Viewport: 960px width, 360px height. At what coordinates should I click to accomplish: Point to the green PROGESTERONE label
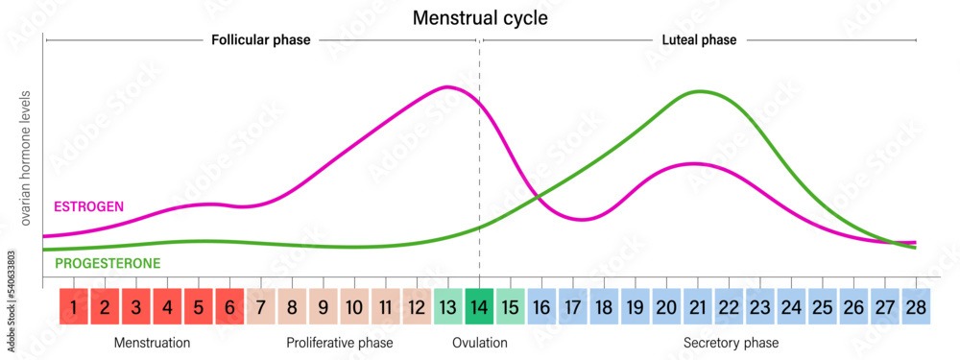click(108, 263)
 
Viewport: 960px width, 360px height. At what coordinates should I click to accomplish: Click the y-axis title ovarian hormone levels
click(26, 158)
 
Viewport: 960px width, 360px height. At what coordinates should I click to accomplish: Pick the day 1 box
click(74, 308)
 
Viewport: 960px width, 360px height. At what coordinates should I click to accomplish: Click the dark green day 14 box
click(480, 308)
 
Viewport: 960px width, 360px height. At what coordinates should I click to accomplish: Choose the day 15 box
click(511, 308)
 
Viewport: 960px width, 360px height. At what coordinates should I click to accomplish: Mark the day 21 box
click(698, 308)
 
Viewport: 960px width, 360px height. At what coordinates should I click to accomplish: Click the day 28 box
click(916, 308)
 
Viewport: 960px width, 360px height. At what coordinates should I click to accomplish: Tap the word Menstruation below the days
click(152, 343)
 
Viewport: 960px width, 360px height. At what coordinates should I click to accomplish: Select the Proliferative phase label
click(340, 343)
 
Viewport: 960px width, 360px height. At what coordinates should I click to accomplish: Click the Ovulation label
click(480, 343)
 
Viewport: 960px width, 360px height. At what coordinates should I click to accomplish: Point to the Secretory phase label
click(731, 343)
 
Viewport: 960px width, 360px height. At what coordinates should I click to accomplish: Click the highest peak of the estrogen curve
click(446, 87)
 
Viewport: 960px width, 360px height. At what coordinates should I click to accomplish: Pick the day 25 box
click(823, 308)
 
